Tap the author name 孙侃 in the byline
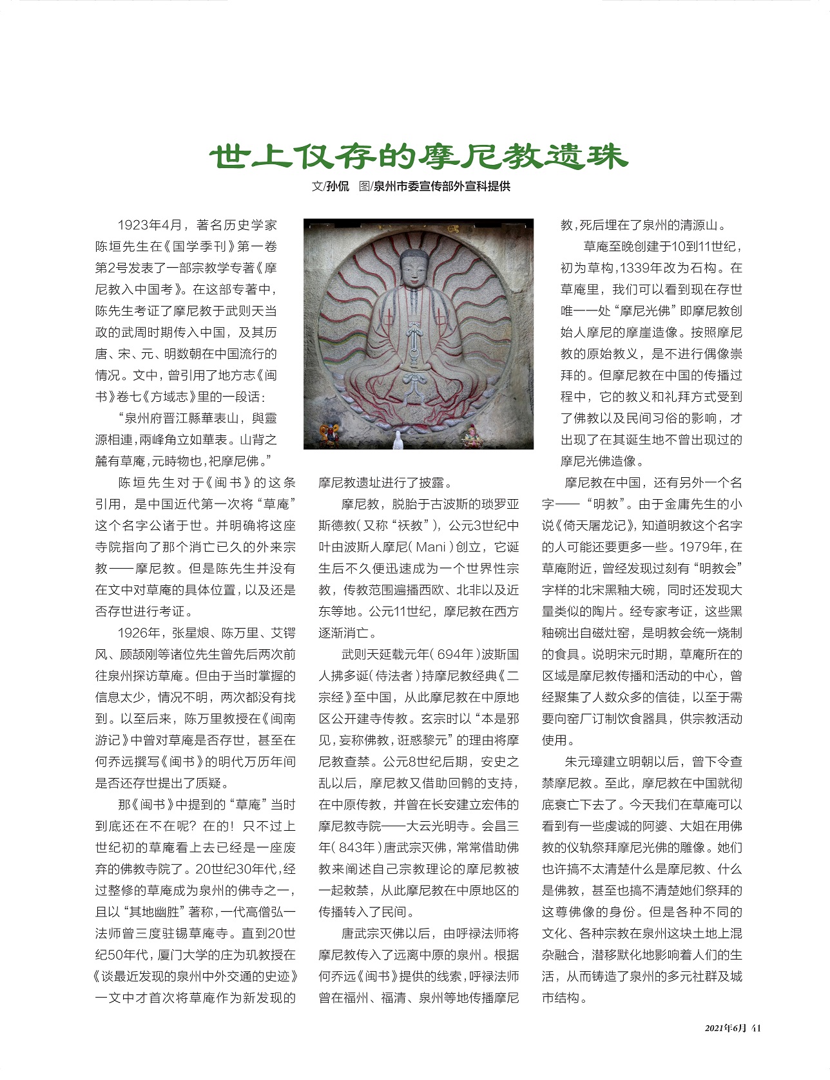[x=338, y=187]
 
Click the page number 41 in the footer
[x=757, y=1028]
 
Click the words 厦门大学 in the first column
[x=196, y=955]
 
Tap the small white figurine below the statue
[x=398, y=440]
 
